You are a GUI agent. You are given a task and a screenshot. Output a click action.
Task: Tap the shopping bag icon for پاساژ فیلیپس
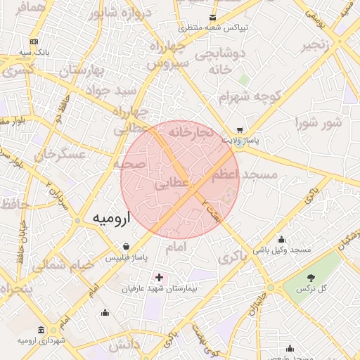[126, 247]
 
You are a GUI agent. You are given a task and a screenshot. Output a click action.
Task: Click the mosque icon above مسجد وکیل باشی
[282, 239]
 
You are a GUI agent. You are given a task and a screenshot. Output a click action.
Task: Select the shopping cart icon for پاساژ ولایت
[240, 130]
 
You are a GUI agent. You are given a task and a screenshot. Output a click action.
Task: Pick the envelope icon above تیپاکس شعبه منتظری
[212, 18]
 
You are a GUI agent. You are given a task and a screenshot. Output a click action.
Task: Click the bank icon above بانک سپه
[34, 43]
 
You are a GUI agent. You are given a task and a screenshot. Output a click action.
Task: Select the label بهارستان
[82, 70]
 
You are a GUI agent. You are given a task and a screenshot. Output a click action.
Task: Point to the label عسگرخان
[58, 154]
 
